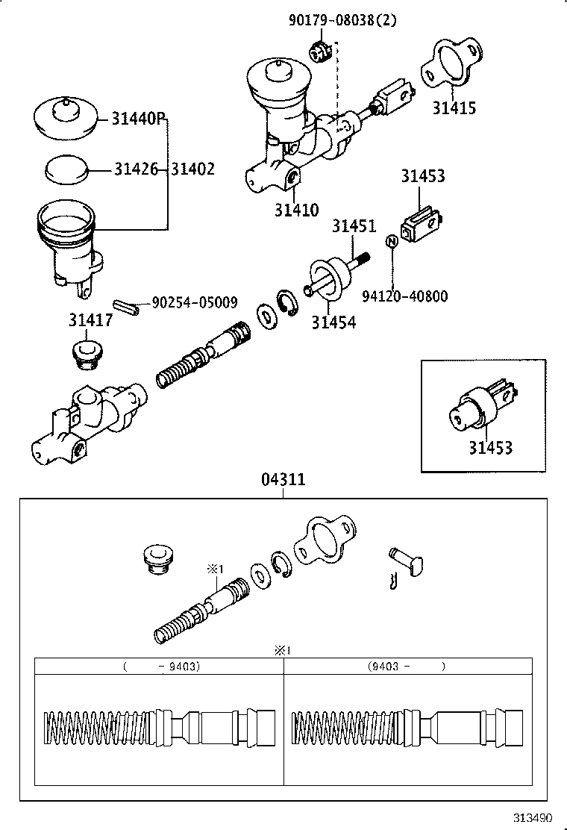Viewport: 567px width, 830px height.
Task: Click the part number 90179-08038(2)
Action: click(x=342, y=21)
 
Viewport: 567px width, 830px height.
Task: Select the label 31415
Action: click(x=454, y=108)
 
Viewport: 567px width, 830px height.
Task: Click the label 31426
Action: click(x=136, y=169)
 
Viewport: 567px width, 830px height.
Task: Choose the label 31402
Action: click(x=192, y=169)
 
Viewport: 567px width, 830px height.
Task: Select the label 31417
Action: click(x=90, y=320)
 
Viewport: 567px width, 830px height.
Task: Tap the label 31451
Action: click(x=354, y=226)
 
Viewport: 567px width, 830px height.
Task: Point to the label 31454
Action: click(x=333, y=322)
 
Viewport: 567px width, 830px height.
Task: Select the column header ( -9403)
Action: click(x=160, y=666)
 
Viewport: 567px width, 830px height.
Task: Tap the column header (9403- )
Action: click(x=407, y=666)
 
